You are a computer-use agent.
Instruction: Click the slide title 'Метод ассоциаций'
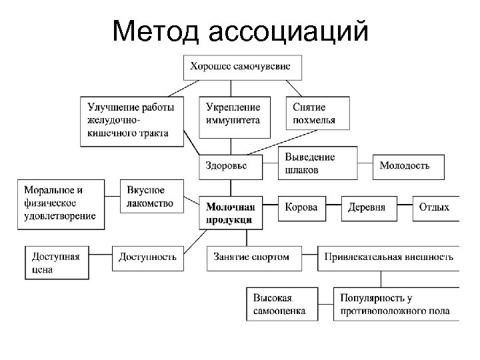(240, 31)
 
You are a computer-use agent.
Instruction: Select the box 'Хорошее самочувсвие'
(245, 67)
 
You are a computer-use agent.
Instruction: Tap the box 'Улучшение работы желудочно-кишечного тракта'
(133, 120)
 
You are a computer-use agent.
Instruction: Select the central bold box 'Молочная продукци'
(231, 213)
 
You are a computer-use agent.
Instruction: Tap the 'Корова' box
(302, 207)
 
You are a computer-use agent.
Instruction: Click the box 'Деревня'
(368, 207)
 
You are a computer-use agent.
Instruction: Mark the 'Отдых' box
(435, 207)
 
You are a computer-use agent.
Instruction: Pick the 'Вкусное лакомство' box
(152, 197)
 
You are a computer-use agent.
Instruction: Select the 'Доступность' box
(148, 256)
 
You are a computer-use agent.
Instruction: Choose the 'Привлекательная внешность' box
(388, 256)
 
